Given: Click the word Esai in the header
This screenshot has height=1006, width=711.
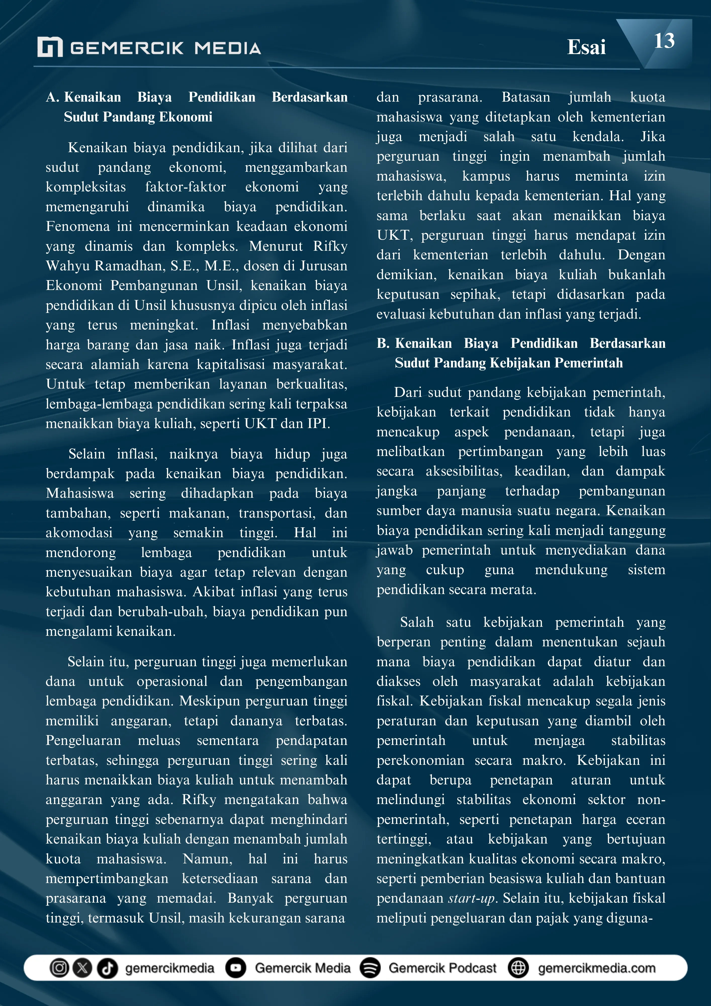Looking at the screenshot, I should [x=586, y=47].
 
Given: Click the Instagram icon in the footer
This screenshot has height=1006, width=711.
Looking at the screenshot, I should [x=59, y=968].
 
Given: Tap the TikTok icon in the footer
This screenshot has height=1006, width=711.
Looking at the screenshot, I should [x=107, y=968].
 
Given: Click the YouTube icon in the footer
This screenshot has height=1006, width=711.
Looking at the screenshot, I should [x=236, y=968].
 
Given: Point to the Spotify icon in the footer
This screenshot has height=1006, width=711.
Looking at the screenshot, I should [x=370, y=968].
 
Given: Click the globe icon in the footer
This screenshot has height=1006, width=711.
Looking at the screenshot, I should [x=518, y=968].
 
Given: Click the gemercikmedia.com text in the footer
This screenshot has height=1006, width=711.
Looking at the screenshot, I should [x=597, y=968].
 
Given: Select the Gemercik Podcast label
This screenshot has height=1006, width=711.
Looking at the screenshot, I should [x=442, y=968].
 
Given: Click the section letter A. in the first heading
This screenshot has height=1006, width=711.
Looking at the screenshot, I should [x=53, y=97].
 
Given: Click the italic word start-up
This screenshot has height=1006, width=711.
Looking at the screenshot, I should [x=471, y=898].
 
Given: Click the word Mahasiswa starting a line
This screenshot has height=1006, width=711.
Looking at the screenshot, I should [x=80, y=493].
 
